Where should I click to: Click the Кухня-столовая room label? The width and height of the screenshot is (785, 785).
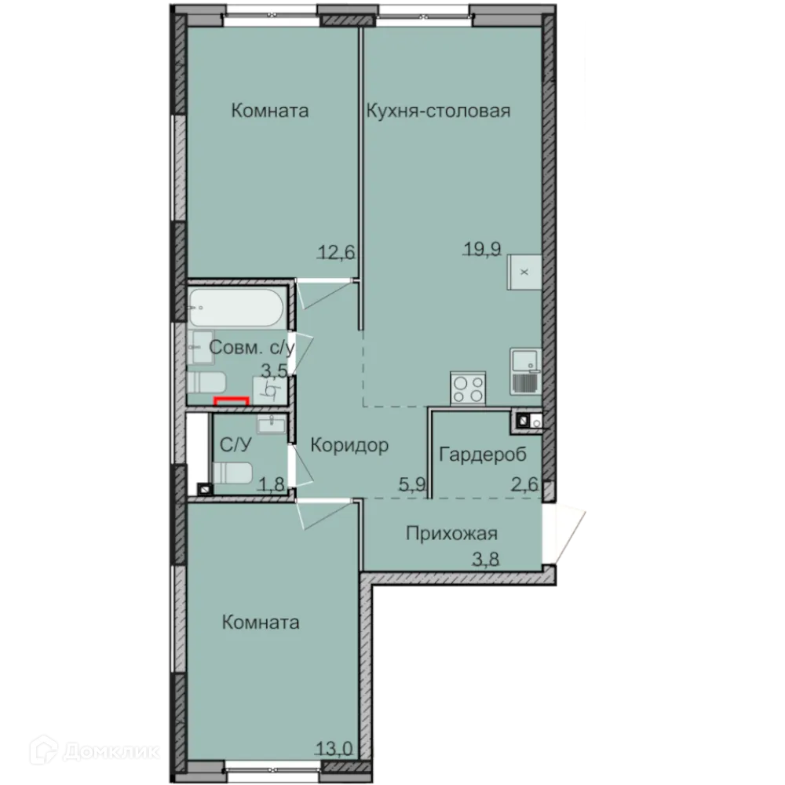pyautogui.click(x=438, y=111)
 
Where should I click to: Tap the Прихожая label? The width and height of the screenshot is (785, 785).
pyautogui.click(x=451, y=534)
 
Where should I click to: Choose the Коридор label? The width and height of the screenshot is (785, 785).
pyautogui.click(x=349, y=446)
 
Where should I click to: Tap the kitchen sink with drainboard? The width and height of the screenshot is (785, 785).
pyautogui.click(x=524, y=371)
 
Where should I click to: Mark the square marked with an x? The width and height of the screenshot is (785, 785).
pyautogui.click(x=524, y=272)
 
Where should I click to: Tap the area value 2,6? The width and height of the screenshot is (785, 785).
pyautogui.click(x=524, y=484)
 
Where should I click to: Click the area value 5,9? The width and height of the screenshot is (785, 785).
pyautogui.click(x=411, y=484)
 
